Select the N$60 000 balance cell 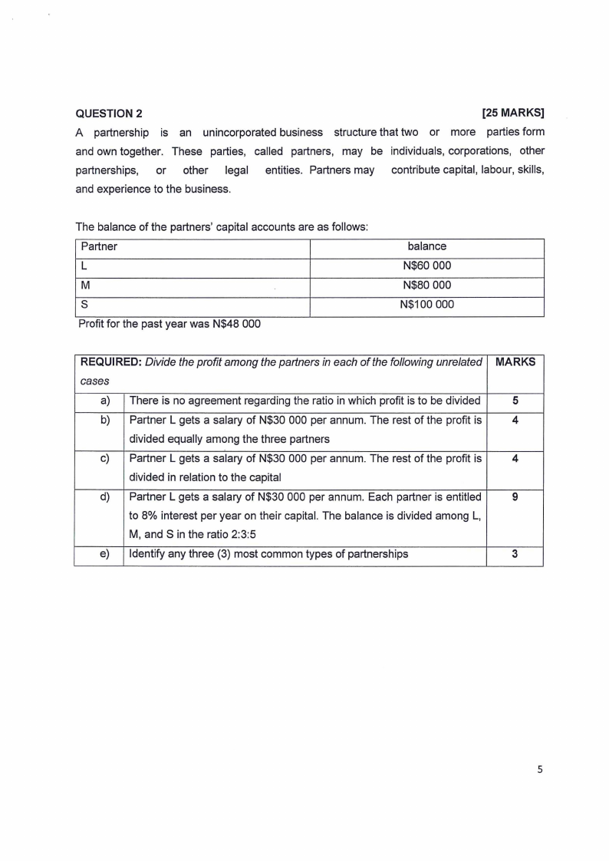click(x=426, y=266)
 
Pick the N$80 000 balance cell click(x=426, y=285)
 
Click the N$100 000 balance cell click(x=426, y=305)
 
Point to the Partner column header click(x=99, y=246)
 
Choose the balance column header click(x=426, y=246)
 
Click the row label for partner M click(x=85, y=285)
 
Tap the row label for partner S click(x=84, y=305)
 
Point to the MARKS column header click(x=515, y=362)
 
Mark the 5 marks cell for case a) click(x=515, y=401)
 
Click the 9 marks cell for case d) click(x=515, y=497)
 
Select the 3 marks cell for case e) click(x=515, y=554)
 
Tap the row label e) click(x=105, y=554)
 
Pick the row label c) click(x=105, y=459)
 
